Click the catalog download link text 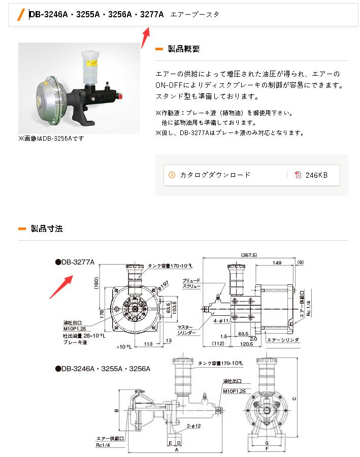click(x=215, y=175)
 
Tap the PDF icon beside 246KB click(x=298, y=175)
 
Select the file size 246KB click(x=316, y=175)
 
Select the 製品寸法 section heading click(x=47, y=228)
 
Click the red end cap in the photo click(x=121, y=95)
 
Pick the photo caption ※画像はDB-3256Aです click(x=51, y=138)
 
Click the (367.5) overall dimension click(x=249, y=255)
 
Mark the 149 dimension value click(x=277, y=263)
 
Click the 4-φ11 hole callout click(x=221, y=320)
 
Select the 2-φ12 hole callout click(x=193, y=426)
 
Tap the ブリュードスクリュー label click(x=191, y=283)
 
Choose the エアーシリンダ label click(x=282, y=339)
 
